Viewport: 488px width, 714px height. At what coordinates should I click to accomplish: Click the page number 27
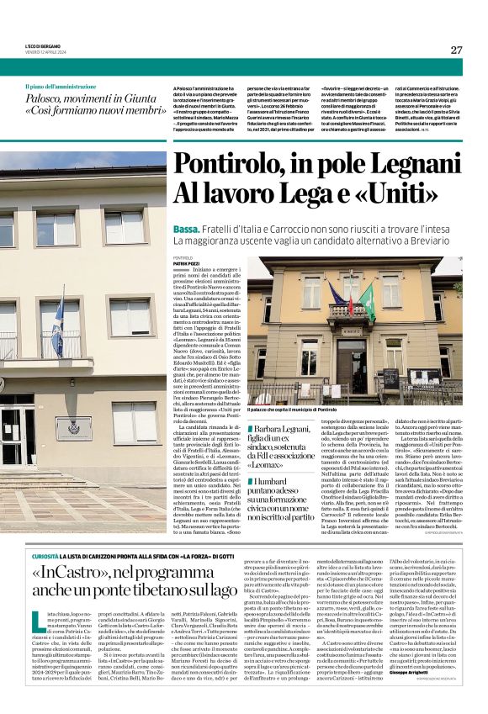456,50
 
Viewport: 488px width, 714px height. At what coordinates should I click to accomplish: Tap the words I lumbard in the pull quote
277,482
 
